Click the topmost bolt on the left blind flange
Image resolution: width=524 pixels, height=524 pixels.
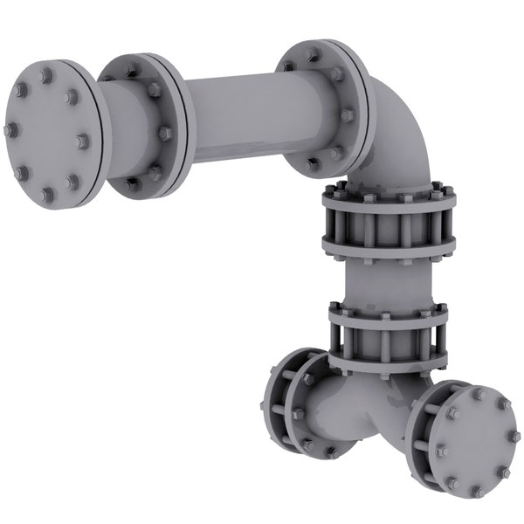point(44,67)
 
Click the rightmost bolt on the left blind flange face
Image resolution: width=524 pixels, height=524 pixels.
point(83,141)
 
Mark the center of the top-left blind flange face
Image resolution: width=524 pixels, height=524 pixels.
point(47,131)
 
